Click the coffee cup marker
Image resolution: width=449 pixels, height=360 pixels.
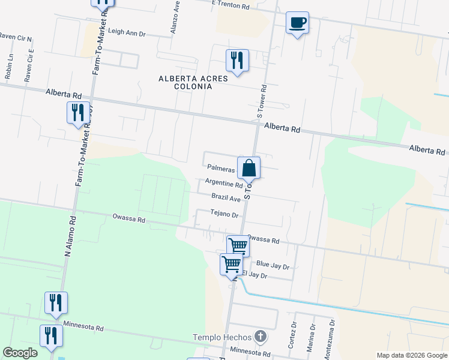[x=297, y=23]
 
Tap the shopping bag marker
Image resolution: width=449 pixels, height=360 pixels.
[x=249, y=168]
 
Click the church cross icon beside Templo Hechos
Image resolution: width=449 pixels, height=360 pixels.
[x=260, y=337]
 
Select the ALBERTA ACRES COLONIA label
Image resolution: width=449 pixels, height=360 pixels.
[x=185, y=82]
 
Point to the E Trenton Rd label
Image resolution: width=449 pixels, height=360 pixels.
[x=230, y=5]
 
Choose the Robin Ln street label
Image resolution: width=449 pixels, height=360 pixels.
[x=9, y=67]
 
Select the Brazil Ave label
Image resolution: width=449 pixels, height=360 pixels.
[x=226, y=197]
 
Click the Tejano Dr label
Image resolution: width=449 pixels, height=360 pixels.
[x=224, y=214]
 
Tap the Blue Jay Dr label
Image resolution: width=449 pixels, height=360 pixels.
[x=273, y=264]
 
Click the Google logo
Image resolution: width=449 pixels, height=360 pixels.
[x=20, y=353]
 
